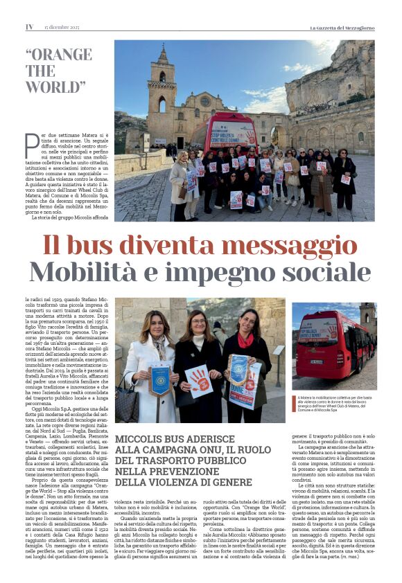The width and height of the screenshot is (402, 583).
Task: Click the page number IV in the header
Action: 29,27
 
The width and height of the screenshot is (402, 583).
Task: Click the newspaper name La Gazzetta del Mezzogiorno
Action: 342,27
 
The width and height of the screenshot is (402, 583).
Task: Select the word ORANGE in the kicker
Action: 58,56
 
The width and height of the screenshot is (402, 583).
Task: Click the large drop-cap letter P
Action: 32,147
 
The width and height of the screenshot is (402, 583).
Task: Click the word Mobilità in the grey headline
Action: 88,272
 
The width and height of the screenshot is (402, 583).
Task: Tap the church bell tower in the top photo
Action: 161,87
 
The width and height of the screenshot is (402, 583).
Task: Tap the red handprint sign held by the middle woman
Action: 199,379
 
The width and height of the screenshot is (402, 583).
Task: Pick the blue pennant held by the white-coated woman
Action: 160,380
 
